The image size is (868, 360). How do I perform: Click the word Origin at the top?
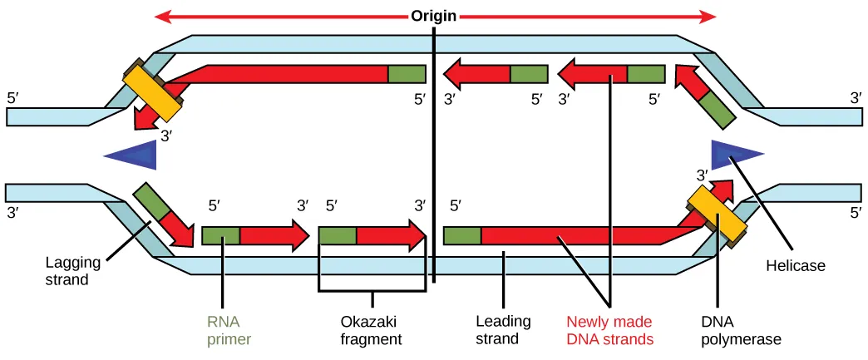click(434, 16)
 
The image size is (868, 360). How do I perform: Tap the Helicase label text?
click(796, 265)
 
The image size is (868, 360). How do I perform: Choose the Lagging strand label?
click(73, 271)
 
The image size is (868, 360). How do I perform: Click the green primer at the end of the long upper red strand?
click(407, 74)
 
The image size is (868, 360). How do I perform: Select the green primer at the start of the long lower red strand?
click(463, 235)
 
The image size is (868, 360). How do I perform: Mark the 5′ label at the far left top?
click(13, 97)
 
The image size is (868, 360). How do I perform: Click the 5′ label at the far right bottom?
click(856, 213)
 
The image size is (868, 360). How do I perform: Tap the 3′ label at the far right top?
click(856, 97)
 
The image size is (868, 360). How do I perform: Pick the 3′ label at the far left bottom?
click(13, 213)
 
